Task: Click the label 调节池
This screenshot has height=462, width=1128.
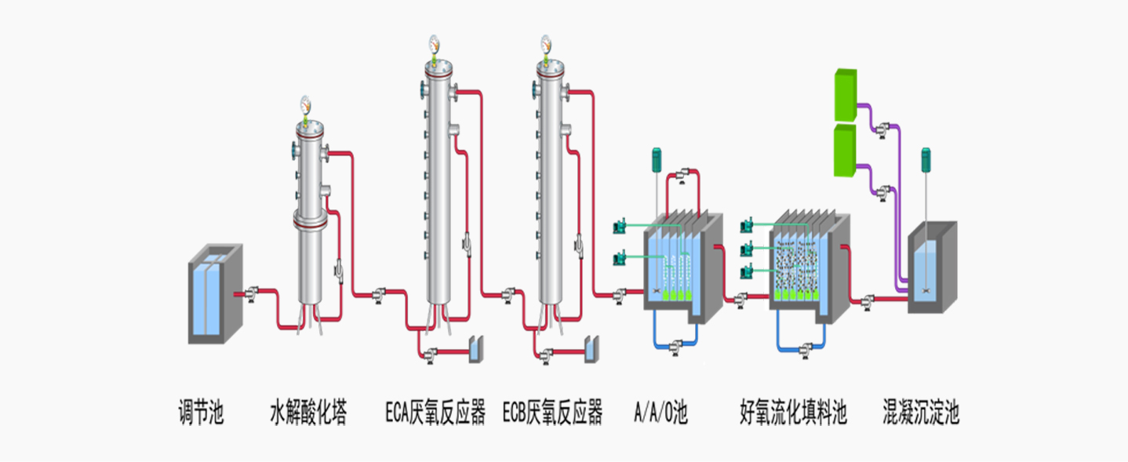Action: click(x=202, y=412)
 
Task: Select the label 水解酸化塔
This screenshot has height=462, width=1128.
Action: click(x=308, y=412)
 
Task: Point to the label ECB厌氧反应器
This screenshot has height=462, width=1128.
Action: click(x=552, y=412)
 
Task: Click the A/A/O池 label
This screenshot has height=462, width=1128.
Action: click(x=660, y=412)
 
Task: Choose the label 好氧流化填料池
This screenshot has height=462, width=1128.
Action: click(x=794, y=412)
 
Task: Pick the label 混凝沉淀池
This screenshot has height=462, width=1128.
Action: click(x=921, y=412)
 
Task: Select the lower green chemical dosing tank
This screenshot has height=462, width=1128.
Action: click(x=845, y=151)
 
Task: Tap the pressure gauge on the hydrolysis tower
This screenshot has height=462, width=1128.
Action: click(x=305, y=104)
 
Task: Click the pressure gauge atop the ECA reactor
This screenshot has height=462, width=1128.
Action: click(x=433, y=42)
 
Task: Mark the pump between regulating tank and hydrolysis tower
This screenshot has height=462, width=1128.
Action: click(x=252, y=294)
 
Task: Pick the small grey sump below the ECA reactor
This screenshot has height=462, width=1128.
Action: click(x=475, y=350)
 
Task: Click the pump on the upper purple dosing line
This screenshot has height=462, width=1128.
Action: click(x=884, y=126)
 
